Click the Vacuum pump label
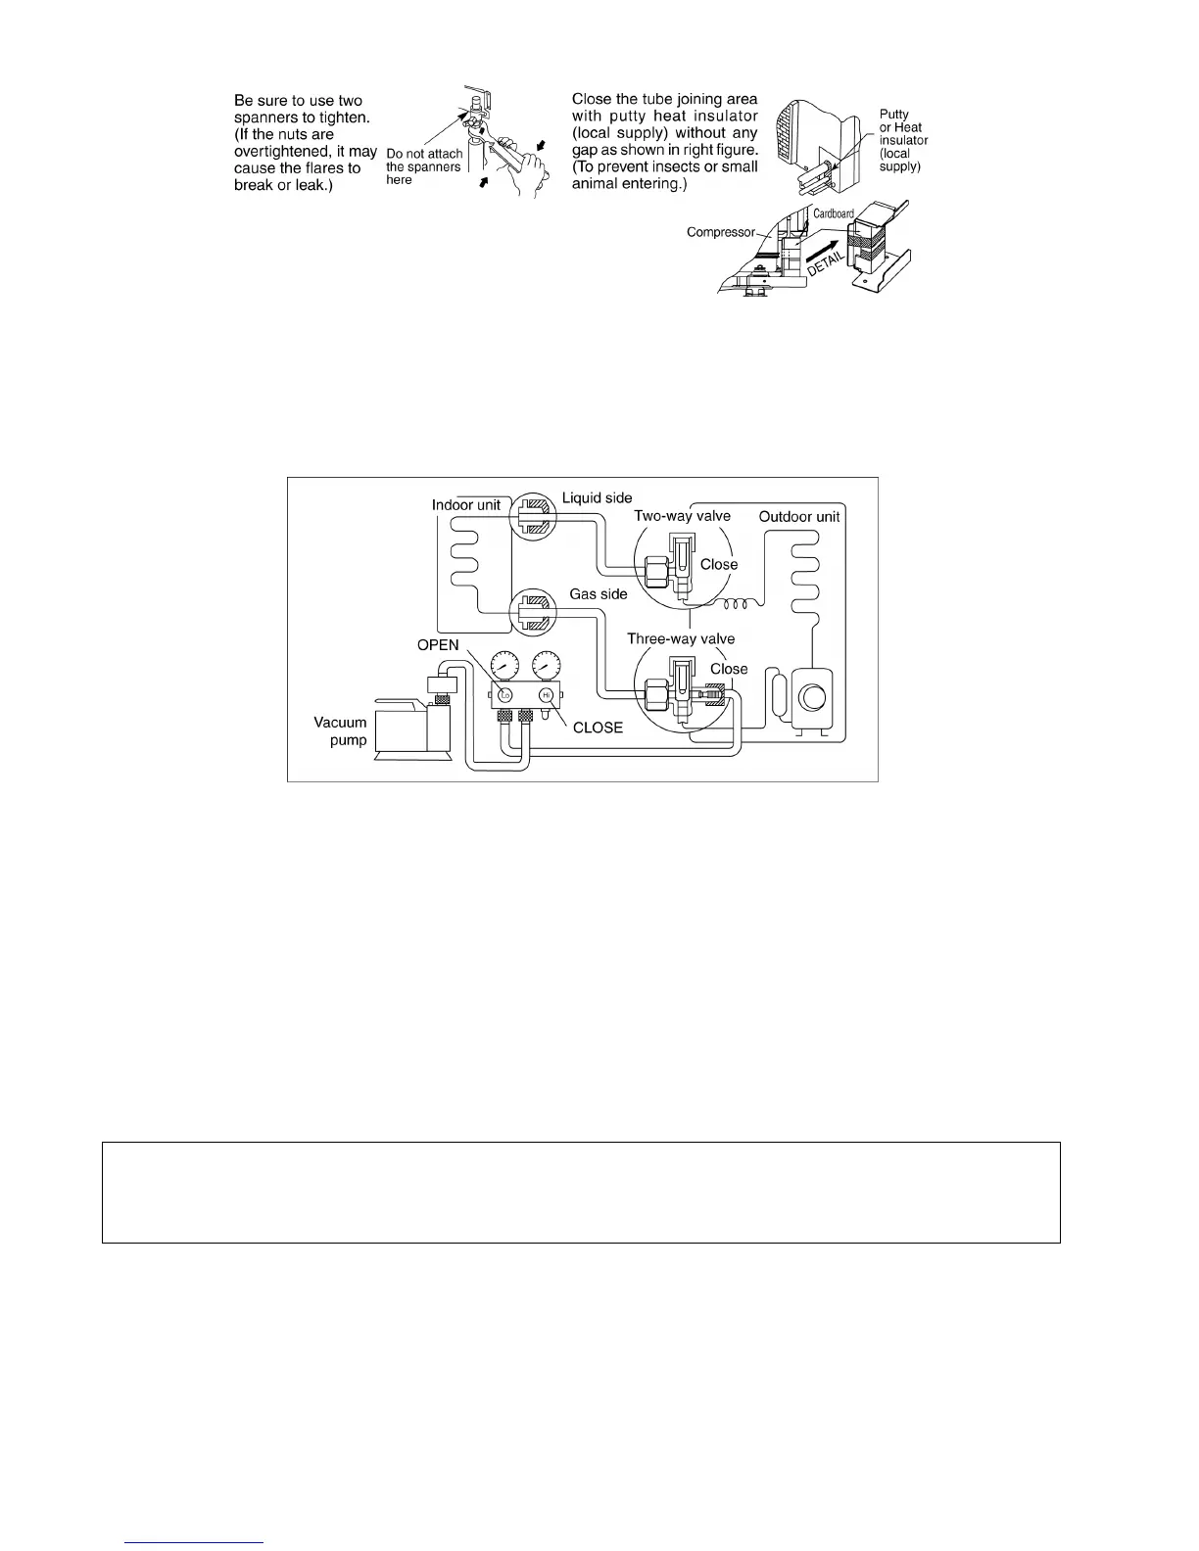(340, 730)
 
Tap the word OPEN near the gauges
(438, 645)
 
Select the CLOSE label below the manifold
(598, 728)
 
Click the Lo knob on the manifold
(504, 694)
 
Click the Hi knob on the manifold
(546, 694)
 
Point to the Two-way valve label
(682, 516)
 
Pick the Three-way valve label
(681, 638)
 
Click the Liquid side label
(597, 497)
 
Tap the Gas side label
(599, 594)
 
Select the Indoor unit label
(466, 505)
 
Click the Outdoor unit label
(799, 516)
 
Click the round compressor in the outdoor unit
(812, 697)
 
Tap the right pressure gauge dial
(547, 664)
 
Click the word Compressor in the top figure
(721, 232)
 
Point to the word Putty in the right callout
(893, 115)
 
